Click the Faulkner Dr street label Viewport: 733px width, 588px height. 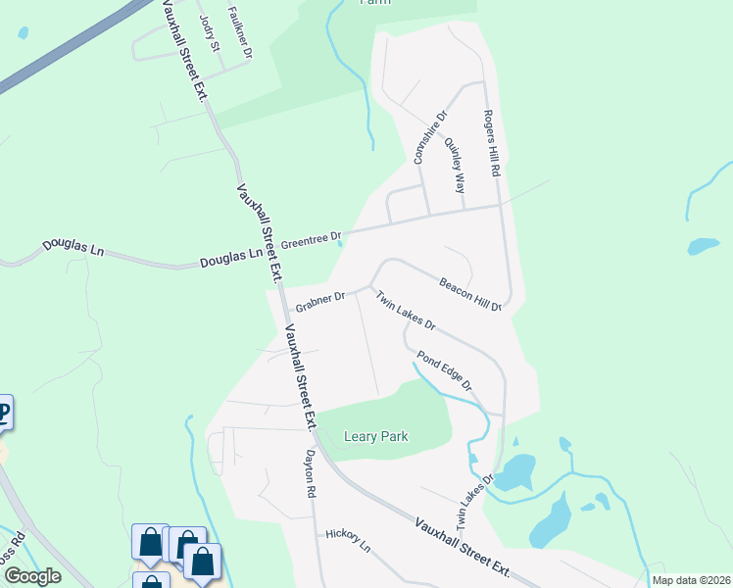click(240, 30)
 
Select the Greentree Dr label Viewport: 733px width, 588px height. click(311, 238)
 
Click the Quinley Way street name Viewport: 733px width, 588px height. click(455, 155)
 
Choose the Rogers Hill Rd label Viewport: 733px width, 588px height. click(491, 143)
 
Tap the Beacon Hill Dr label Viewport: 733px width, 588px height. click(470, 293)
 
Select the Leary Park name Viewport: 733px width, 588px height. click(375, 436)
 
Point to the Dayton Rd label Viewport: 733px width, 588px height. click(311, 471)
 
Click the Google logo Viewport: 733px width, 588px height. click(31, 576)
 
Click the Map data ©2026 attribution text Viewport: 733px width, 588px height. click(690, 580)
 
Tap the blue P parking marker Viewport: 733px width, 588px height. click(4, 413)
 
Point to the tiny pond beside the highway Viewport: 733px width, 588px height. click(23, 32)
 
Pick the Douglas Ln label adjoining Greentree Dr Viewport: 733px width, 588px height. click(231, 258)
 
